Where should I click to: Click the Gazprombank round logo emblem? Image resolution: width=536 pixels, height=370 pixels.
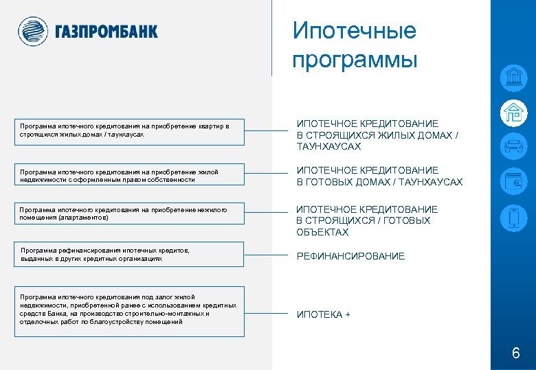(33, 32)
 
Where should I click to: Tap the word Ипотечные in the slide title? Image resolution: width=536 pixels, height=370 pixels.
(355, 31)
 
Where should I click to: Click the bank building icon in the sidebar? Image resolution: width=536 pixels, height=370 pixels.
(513, 78)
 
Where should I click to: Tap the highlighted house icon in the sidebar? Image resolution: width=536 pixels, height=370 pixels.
(513, 112)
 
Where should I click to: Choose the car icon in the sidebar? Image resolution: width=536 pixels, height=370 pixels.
(513, 146)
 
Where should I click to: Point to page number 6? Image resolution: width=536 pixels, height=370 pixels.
(515, 354)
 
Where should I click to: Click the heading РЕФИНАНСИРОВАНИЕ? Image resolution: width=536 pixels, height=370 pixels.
(350, 256)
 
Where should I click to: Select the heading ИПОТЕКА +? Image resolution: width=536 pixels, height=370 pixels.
(323, 314)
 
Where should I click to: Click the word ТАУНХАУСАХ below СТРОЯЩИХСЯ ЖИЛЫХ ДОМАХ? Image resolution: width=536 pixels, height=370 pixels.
(328, 147)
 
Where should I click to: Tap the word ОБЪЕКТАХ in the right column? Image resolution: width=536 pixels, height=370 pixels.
(322, 232)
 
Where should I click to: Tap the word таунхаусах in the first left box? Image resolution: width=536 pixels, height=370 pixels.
(126, 135)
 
